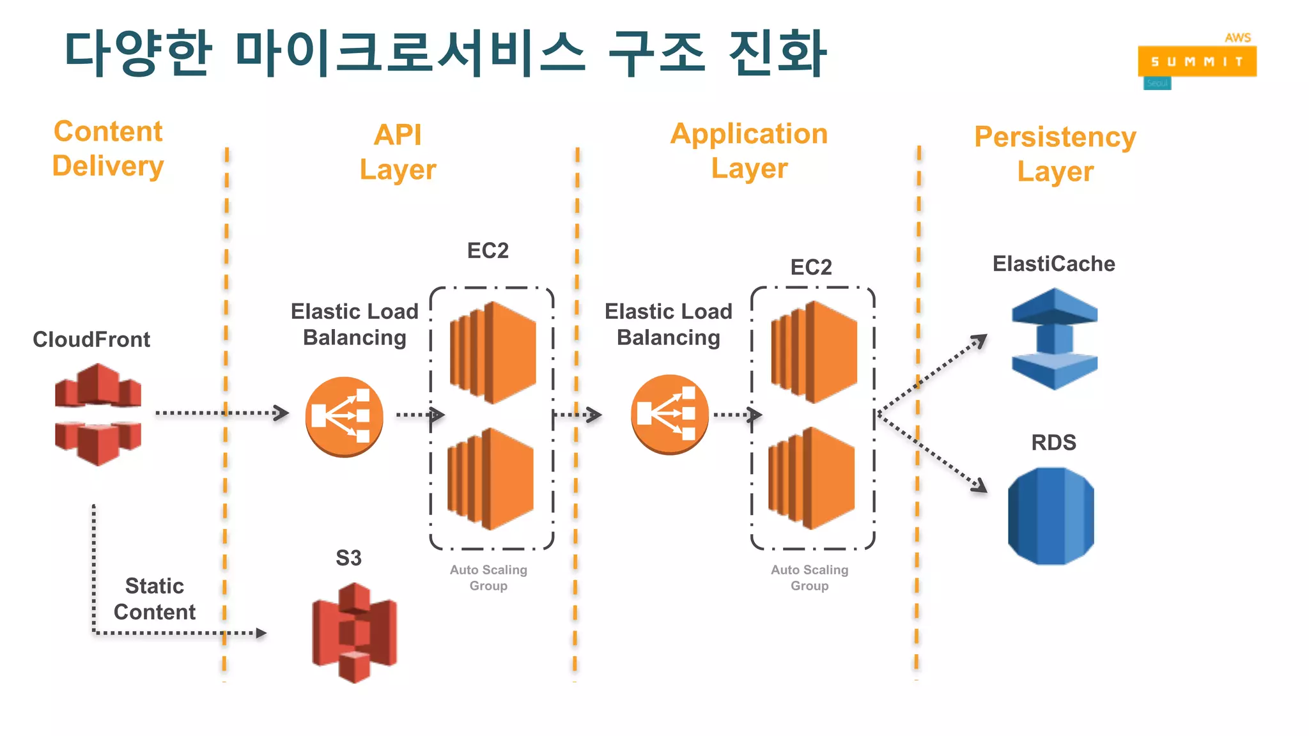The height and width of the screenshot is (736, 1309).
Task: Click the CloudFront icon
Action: pyautogui.click(x=98, y=414)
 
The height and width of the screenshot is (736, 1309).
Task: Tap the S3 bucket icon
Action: pyautogui.click(x=354, y=632)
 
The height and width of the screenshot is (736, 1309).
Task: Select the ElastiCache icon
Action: pyautogui.click(x=1054, y=339)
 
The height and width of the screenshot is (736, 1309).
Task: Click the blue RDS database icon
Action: pyautogui.click(x=1051, y=516)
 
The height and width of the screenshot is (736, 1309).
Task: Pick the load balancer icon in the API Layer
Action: pyautogui.click(x=344, y=416)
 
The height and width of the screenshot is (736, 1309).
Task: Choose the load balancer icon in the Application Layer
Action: pyautogui.click(x=669, y=414)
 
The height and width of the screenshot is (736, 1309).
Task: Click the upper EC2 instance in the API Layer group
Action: pyautogui.click(x=493, y=352)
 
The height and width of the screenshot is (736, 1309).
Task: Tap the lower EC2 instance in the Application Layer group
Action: pyautogui.click(x=812, y=478)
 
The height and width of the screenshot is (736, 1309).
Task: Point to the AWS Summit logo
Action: pyautogui.click(x=1197, y=61)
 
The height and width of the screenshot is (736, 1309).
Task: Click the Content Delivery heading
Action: pyautogui.click(x=108, y=149)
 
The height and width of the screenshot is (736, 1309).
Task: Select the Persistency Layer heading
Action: pyautogui.click(x=1055, y=154)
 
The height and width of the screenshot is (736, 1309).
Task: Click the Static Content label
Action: pyautogui.click(x=155, y=599)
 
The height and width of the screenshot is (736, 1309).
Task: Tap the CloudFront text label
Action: pyautogui.click(x=91, y=339)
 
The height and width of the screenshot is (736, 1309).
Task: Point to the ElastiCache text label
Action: pyautogui.click(x=1053, y=264)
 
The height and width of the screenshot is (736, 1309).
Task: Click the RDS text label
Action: pyautogui.click(x=1053, y=442)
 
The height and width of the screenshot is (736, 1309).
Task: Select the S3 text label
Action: pyautogui.click(x=348, y=558)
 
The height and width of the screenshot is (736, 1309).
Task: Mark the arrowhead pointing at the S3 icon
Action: pyautogui.click(x=261, y=633)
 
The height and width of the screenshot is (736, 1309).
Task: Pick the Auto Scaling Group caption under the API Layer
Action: pyautogui.click(x=488, y=578)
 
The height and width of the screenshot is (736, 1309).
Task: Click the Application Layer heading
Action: pyautogui.click(x=749, y=151)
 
